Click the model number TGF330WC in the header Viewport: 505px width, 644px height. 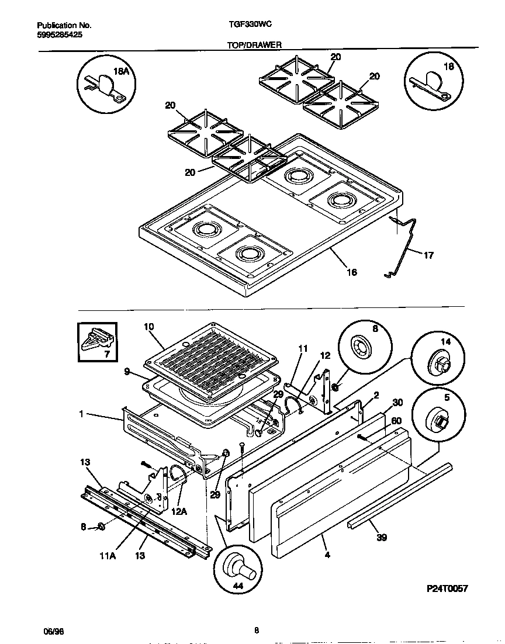tap(248, 26)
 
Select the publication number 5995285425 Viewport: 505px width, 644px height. tap(58, 35)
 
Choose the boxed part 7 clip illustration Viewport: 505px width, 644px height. tap(96, 342)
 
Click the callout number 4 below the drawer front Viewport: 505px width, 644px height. tap(327, 555)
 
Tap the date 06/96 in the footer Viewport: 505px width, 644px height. tap(53, 631)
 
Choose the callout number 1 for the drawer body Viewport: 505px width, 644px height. tap(82, 414)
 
